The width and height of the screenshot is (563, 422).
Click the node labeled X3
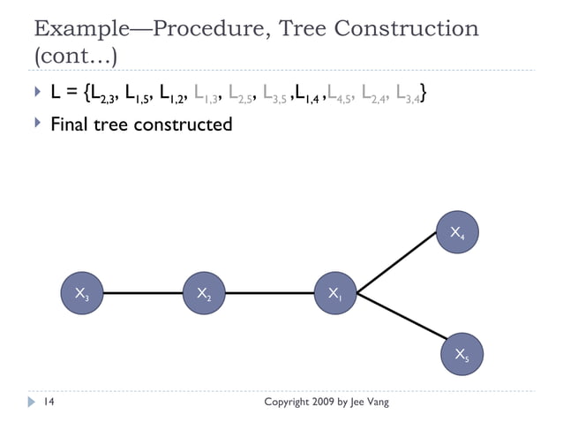[80, 295]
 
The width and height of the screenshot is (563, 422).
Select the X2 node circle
[204, 295]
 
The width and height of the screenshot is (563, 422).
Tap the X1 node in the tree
[336, 295]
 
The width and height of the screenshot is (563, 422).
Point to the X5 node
[461, 355]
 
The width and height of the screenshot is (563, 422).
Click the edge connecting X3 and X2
[142, 295]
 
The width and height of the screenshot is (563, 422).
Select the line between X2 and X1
[270, 295]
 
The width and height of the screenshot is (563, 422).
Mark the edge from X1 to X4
[398, 264]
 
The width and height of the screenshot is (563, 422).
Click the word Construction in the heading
[413, 27]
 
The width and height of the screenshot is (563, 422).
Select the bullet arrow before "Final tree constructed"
[36, 123]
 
